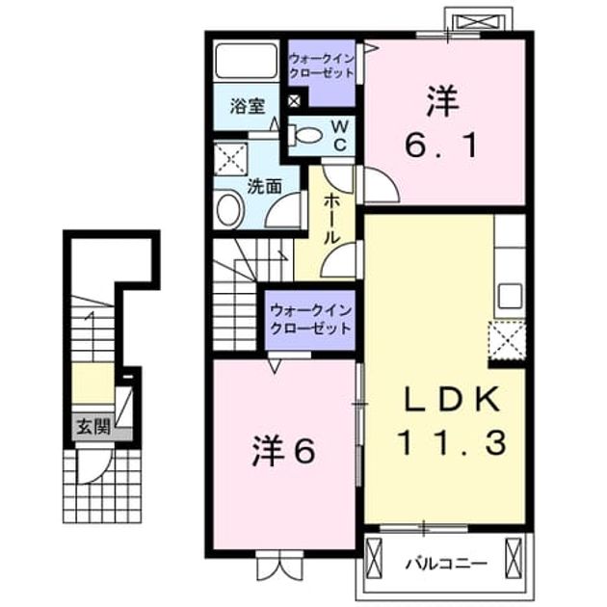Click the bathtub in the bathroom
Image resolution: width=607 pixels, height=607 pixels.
[x=247, y=61]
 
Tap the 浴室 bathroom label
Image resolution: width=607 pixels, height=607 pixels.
[x=248, y=106]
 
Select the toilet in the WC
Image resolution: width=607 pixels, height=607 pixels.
[x=305, y=135]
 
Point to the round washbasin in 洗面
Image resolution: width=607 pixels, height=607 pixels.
[x=230, y=209]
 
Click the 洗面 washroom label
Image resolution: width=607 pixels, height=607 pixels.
[x=264, y=187]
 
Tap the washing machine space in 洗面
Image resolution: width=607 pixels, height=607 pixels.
[x=230, y=159]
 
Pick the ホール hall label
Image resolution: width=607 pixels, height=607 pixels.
[x=331, y=219]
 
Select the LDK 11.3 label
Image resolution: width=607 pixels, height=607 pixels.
[x=451, y=420]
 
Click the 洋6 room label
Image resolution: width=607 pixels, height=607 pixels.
[x=283, y=451]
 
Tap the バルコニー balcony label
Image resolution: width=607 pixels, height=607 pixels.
[x=446, y=564]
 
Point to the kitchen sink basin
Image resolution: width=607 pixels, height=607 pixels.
[x=511, y=296]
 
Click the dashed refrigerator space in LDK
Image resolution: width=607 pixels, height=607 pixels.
[x=507, y=339]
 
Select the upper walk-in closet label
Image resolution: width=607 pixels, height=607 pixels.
[x=322, y=66]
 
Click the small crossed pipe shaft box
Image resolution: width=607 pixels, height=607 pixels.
[x=294, y=101]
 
